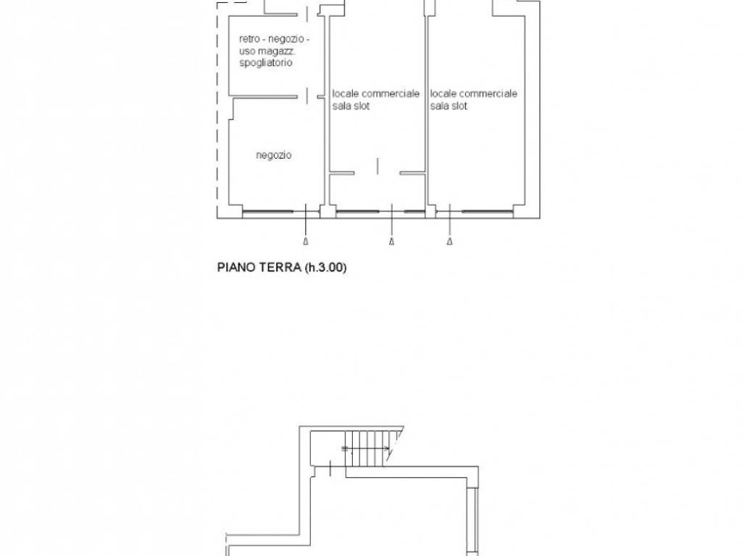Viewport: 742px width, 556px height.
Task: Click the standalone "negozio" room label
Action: (273, 155)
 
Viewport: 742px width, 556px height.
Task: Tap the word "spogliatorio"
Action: (265, 63)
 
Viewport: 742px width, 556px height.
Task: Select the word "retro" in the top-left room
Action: (249, 39)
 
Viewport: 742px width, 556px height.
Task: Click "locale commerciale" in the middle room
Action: (376, 93)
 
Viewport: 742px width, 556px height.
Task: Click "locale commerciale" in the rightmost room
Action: (473, 93)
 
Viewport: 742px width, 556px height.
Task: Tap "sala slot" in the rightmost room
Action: (449, 106)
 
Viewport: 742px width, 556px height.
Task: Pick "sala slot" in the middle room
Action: (351, 106)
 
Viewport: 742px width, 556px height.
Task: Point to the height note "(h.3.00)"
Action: (325, 268)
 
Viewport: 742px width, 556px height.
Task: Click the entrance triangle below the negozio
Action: (306, 242)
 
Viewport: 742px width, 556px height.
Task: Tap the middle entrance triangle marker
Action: (391, 242)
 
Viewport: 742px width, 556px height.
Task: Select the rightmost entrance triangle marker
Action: (449, 242)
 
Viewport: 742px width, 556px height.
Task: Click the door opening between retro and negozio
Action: (307, 96)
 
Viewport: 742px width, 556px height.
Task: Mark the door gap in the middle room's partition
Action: (377, 173)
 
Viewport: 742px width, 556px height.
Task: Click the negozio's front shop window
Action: (267, 211)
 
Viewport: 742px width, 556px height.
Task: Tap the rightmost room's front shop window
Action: (488, 211)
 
